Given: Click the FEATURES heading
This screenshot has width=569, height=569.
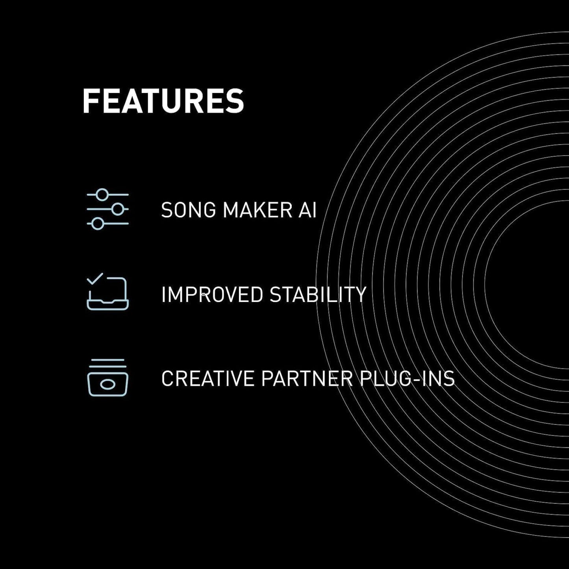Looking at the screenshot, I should (x=163, y=101).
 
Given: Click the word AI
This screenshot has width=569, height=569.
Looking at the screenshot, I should (x=308, y=210).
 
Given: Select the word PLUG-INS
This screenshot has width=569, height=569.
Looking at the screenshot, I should (x=407, y=378).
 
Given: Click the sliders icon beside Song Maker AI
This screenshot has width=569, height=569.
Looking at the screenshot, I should (x=107, y=209).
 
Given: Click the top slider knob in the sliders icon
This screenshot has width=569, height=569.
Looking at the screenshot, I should (x=102, y=194).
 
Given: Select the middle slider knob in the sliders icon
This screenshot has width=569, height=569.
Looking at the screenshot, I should (x=117, y=209).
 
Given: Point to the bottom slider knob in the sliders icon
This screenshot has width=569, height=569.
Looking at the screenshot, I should (x=98, y=224).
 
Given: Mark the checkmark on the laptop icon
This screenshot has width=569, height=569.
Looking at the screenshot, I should (x=95, y=278).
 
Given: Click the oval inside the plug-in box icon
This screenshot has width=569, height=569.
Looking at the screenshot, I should (x=107, y=384).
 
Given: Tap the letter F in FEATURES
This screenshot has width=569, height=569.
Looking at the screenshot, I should (x=90, y=101).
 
